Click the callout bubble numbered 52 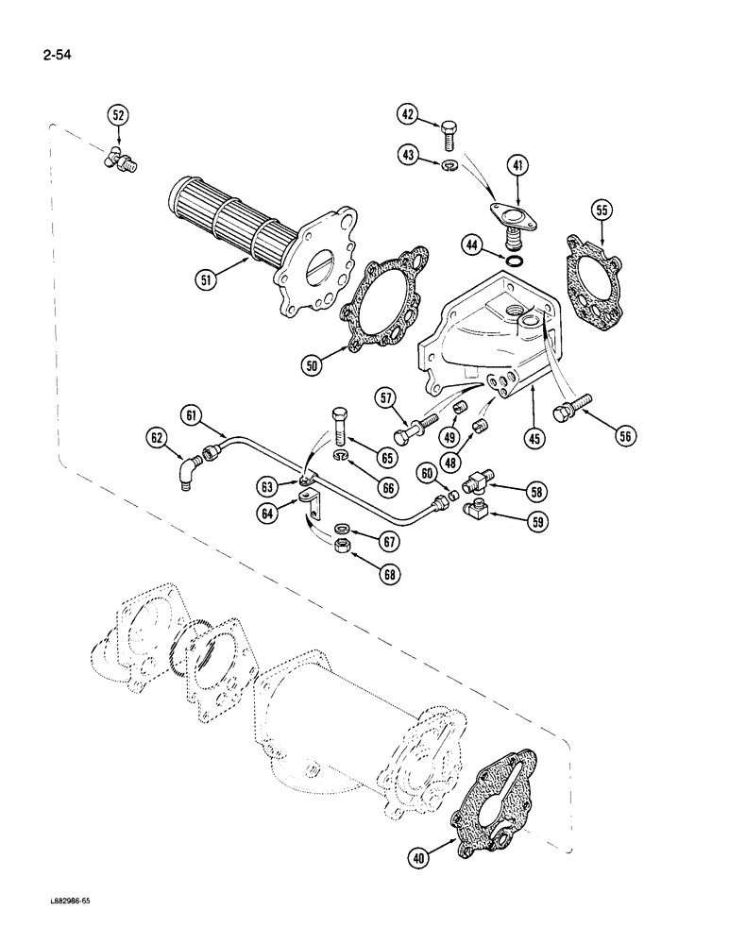118,115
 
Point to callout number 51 206,278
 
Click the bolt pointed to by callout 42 449,135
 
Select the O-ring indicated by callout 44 513,261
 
